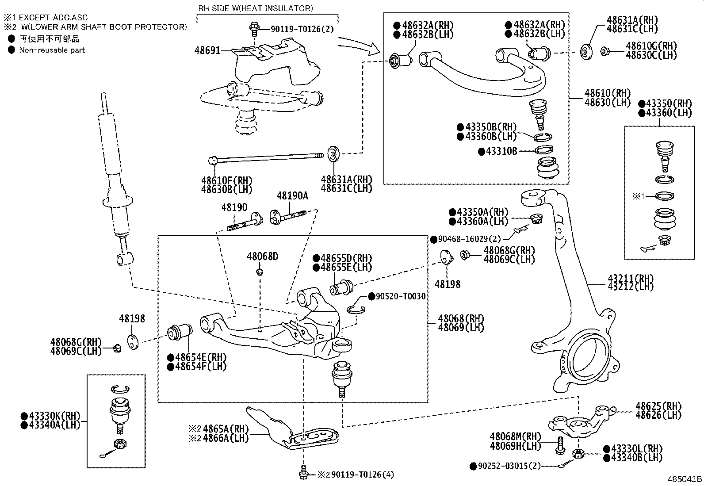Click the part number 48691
click(207, 50)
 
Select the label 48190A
click(292, 196)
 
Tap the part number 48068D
click(262, 256)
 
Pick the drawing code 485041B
click(685, 479)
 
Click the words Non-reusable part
click(52, 50)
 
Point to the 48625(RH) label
click(658, 406)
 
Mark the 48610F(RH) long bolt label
click(226, 180)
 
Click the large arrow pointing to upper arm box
click(359, 46)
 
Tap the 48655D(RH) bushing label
click(342, 258)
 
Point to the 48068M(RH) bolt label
click(515, 437)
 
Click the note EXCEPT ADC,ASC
click(53, 18)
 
